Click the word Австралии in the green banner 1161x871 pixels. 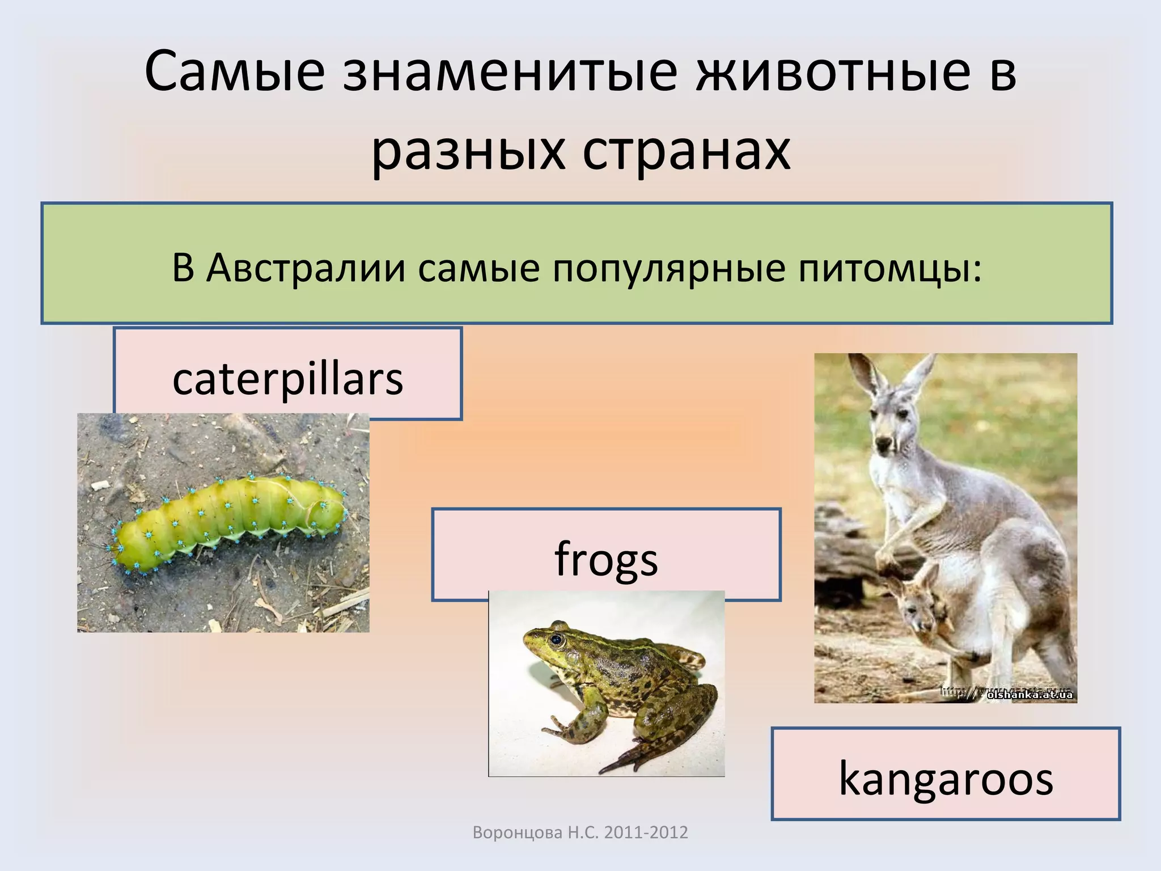pos(306,268)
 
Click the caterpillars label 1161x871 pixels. pos(287,378)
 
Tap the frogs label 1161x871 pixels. pos(606,559)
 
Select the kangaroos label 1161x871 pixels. pos(946,778)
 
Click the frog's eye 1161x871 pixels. pos(556,640)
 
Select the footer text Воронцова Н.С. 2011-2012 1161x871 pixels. pos(580,832)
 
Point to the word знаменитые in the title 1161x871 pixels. pos(510,73)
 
